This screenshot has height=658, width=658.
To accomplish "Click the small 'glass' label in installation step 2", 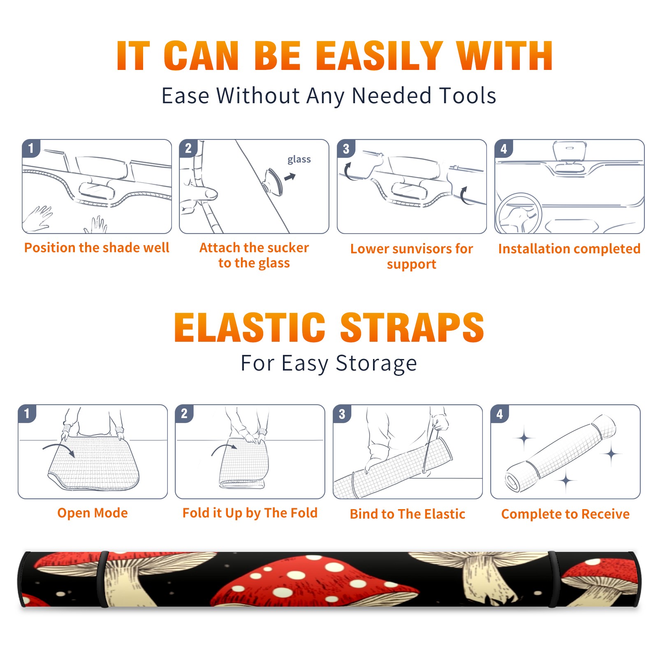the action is (x=299, y=159).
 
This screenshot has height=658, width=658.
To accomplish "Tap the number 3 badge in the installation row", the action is (x=346, y=148).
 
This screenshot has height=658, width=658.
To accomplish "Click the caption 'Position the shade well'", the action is (x=97, y=248).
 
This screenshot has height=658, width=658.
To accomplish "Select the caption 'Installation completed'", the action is (x=569, y=249).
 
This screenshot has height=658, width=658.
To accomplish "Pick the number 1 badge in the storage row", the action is (x=27, y=413).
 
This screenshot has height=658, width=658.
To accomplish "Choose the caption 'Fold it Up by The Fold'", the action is (x=250, y=513).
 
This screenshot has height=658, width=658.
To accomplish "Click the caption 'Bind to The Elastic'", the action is (x=408, y=514).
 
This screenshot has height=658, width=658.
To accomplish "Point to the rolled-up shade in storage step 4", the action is (x=561, y=453).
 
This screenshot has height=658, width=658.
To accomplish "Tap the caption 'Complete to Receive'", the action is (x=565, y=514).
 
